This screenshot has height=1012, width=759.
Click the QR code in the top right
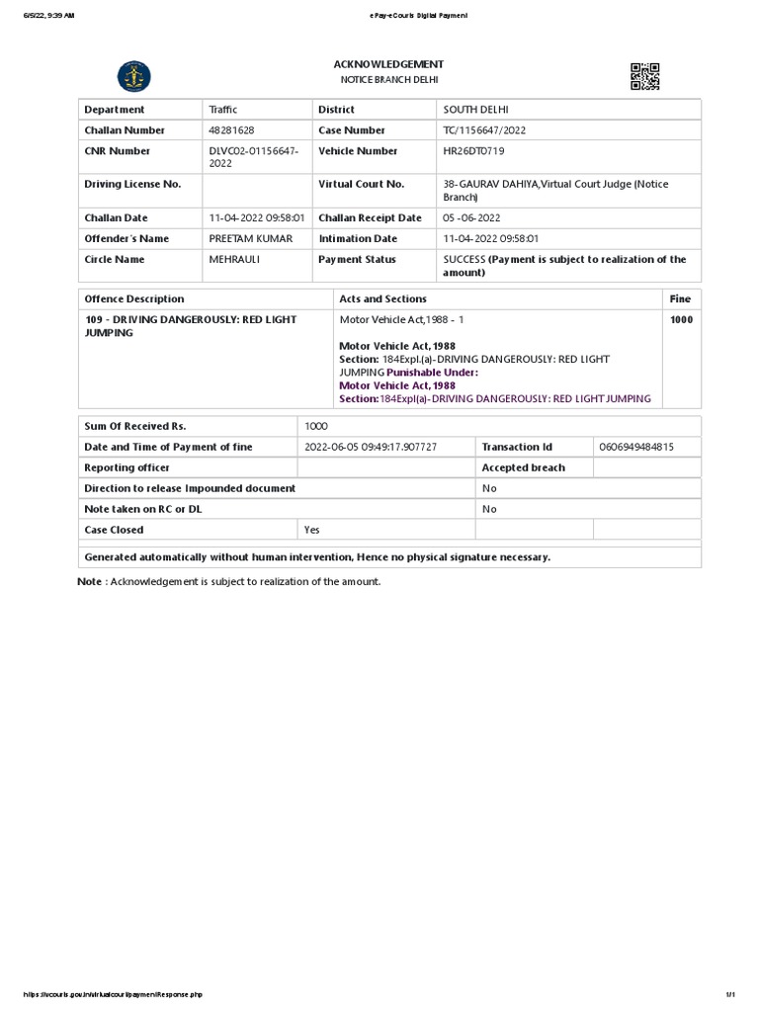click(644, 76)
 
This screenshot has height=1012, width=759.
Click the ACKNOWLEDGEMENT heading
click(388, 64)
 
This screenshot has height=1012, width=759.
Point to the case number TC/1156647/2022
click(483, 130)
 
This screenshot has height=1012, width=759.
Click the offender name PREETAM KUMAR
click(251, 239)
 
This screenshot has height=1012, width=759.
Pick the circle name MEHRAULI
click(233, 260)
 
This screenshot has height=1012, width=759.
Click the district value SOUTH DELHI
click(475, 110)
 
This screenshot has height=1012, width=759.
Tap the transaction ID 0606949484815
click(636, 448)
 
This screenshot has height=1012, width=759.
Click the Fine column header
click(680, 298)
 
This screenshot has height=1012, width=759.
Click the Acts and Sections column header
click(382, 298)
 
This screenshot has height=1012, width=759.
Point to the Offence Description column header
click(134, 298)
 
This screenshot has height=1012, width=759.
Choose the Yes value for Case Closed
click(312, 531)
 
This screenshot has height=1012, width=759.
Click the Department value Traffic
click(223, 110)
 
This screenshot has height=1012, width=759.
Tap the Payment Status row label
click(357, 260)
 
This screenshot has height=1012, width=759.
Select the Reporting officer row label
click(126, 468)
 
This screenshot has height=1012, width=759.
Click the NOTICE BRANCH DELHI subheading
click(388, 80)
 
